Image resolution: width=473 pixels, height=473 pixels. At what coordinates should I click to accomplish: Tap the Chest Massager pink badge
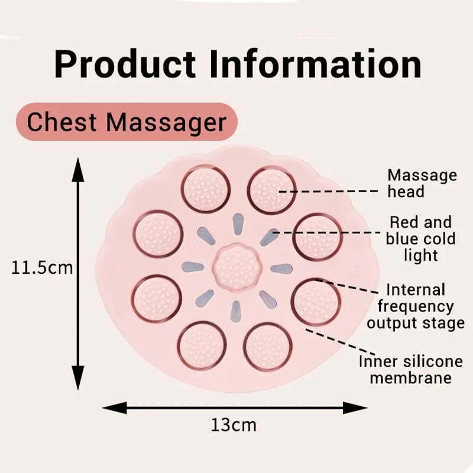coord(127,122)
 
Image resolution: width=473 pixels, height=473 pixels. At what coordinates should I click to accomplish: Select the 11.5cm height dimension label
coord(42,268)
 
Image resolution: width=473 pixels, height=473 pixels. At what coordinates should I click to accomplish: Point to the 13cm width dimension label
coord(234,425)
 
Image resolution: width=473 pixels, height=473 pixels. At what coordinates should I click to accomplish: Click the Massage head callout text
coord(422,183)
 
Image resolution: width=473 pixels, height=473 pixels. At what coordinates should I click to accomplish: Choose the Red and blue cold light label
coord(420,239)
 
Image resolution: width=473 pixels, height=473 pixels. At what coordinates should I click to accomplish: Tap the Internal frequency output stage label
coord(415,307)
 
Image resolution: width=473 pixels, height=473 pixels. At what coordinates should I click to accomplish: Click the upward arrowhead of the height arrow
coord(77,169)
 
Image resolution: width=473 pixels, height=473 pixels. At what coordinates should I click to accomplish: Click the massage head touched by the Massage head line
coord(270,190)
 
